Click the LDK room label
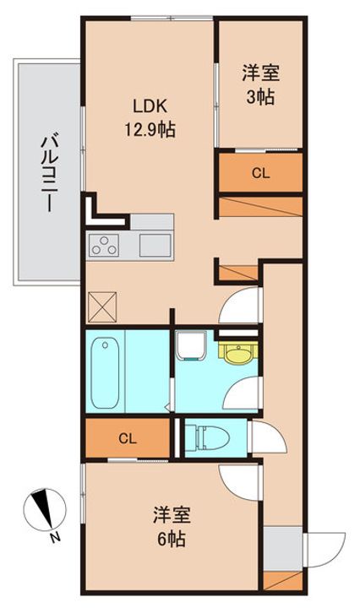coord(150,106)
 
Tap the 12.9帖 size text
coord(150,129)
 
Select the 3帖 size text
coord(260,97)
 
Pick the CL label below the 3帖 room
coord(260,173)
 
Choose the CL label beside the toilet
coord(128,439)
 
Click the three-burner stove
coord(104,246)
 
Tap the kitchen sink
coord(155,246)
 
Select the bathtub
coord(105,372)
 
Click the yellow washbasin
coord(238,352)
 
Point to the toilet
coord(207,437)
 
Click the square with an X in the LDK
coord(102,307)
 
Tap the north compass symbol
coord(45,509)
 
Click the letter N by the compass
coord(56,538)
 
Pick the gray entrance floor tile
coord(283,548)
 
